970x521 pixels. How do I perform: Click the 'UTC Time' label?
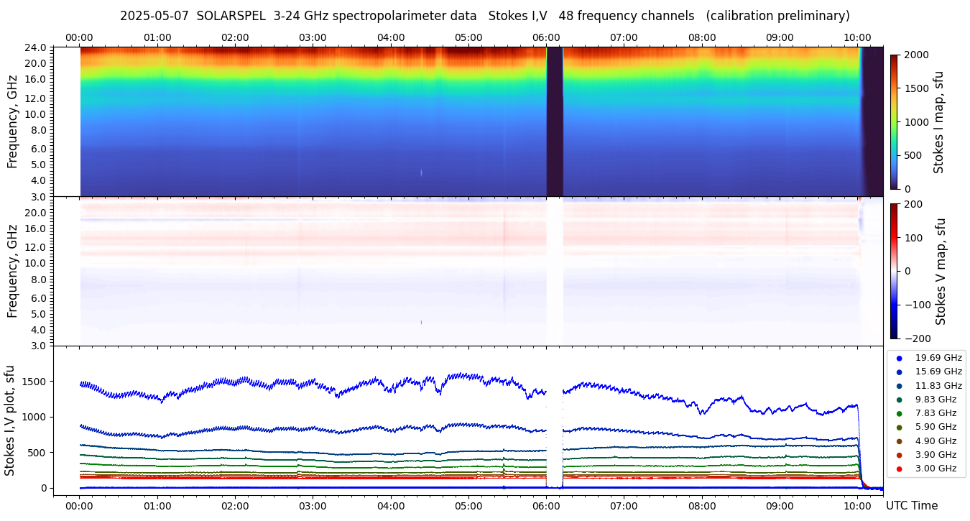tap(911, 505)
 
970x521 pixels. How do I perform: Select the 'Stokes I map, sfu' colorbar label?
tap(938, 121)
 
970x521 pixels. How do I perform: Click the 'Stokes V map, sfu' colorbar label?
tap(941, 271)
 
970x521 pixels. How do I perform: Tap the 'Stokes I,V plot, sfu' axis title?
tap(10, 420)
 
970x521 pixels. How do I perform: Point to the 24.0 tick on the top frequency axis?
tap(37, 47)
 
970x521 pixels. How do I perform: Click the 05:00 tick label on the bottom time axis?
tap(468, 505)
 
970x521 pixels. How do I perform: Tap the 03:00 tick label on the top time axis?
tap(313, 37)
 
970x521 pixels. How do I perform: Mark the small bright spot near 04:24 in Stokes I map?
tap(421, 172)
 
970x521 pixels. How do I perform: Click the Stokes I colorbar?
tap(894, 121)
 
